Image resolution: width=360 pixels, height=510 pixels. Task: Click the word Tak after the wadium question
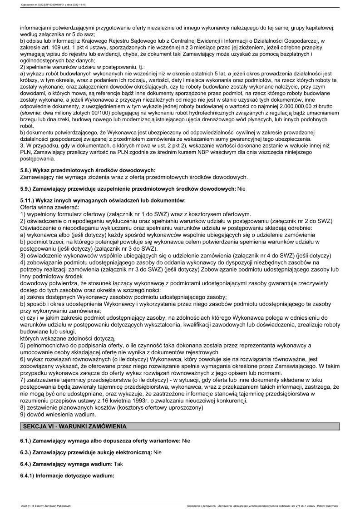coord(119,465)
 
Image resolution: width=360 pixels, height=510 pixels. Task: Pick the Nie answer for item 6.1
coord(186,441)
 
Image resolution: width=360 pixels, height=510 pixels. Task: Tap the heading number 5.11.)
coord(29,200)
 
